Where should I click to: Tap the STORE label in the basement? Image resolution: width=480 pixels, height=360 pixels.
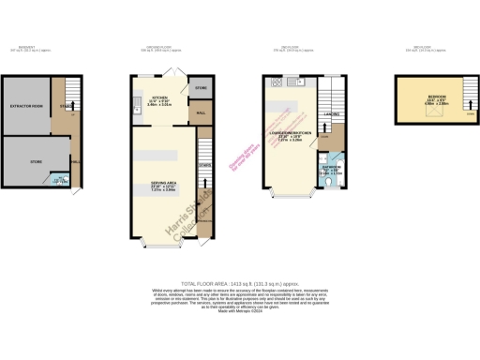point(37,162)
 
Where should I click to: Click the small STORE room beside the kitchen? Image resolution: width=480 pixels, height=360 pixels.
point(201,89)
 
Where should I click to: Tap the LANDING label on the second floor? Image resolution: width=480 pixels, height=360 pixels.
point(331,115)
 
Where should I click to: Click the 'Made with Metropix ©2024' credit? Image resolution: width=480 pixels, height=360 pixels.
point(240,324)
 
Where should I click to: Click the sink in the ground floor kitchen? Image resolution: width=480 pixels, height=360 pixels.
point(137,104)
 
